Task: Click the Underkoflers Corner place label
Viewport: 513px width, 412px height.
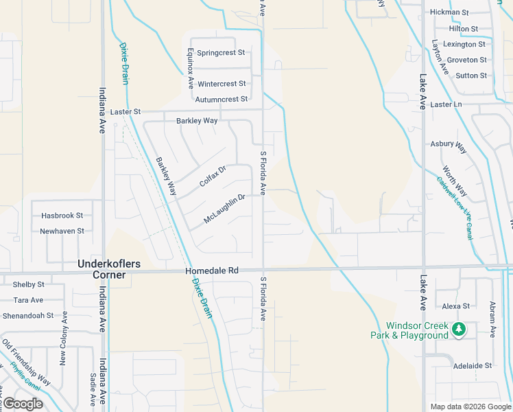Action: tap(102, 268)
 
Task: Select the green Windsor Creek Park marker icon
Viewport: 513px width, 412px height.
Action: tap(459, 330)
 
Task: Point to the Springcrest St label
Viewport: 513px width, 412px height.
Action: tap(221, 53)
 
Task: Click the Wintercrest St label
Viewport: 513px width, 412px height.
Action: tap(221, 84)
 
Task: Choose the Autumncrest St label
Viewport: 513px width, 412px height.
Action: tap(221, 100)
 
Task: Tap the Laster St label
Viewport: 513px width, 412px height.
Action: tap(125, 111)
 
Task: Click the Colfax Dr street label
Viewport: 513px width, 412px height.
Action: tap(213, 176)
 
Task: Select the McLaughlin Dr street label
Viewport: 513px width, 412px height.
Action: tap(224, 209)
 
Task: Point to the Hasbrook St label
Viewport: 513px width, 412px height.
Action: tap(61, 216)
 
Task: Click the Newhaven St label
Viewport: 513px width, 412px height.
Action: tap(62, 231)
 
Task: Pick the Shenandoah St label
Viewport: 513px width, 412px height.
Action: tap(29, 316)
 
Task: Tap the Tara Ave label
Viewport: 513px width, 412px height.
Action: tap(29, 300)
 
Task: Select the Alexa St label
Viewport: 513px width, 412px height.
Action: tap(456, 306)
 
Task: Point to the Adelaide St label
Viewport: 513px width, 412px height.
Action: tap(473, 366)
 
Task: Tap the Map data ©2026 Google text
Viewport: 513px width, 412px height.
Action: tap(470, 407)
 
